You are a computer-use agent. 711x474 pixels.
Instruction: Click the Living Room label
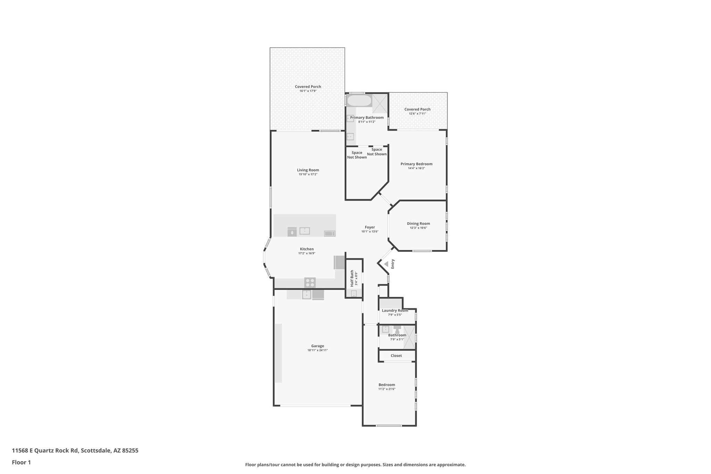click(308, 170)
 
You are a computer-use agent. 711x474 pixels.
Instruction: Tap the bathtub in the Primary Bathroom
click(359, 101)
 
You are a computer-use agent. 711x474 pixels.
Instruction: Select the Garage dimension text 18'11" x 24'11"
click(317, 350)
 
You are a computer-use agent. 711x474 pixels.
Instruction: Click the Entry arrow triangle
click(386, 264)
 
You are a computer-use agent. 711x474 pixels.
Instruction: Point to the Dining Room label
click(418, 224)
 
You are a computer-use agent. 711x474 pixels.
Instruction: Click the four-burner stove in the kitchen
click(310, 282)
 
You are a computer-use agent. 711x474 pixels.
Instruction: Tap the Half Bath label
click(352, 278)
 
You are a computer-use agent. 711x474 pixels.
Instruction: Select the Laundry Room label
click(395, 310)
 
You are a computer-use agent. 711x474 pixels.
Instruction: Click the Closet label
click(396, 356)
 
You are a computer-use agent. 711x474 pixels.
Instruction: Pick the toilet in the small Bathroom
click(397, 329)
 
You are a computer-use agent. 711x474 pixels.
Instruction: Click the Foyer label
click(370, 227)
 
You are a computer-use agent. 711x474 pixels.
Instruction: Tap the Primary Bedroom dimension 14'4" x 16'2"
click(416, 168)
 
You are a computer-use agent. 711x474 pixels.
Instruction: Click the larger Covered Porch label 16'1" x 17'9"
click(308, 87)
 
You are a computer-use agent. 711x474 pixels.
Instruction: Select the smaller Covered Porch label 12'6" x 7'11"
click(417, 109)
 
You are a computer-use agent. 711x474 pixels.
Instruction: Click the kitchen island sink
click(305, 231)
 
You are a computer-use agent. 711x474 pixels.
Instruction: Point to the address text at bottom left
click(75, 451)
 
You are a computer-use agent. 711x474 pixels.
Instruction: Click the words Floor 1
click(22, 462)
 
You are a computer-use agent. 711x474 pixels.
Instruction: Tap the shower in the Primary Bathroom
click(380, 103)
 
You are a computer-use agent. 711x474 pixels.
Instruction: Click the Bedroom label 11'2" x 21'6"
click(387, 385)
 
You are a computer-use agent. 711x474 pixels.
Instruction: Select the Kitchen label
click(307, 249)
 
